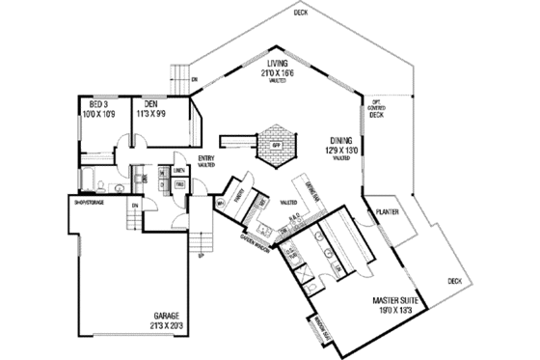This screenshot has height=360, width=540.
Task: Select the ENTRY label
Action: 205,158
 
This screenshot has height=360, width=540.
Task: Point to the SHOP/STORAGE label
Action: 89,203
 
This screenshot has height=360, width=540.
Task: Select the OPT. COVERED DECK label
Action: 376,107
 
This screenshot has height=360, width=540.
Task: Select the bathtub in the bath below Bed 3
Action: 88,179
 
